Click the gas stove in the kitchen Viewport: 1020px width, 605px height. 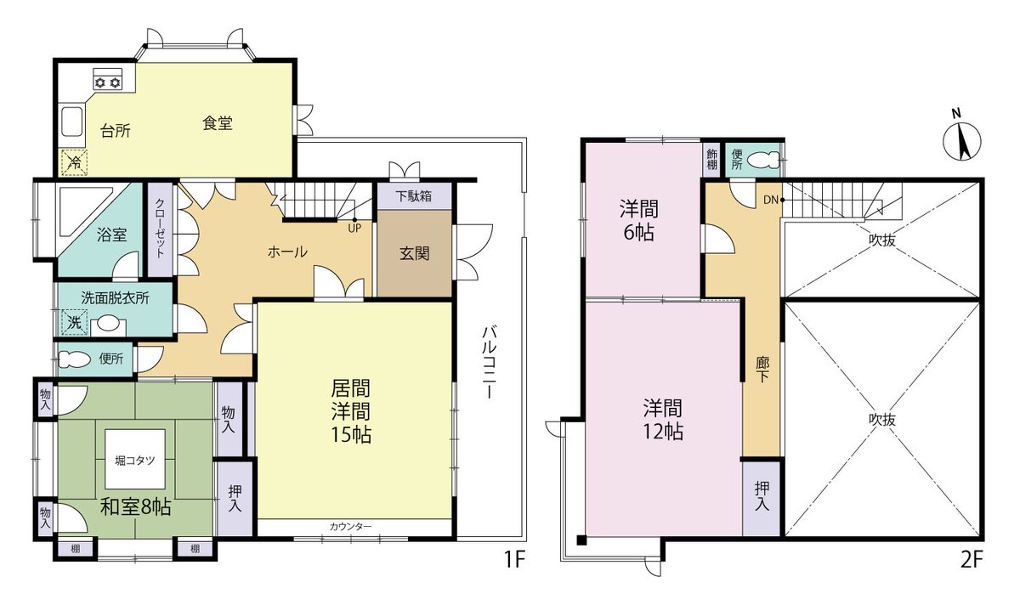click(x=108, y=79)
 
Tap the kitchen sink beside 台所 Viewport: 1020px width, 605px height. click(x=72, y=122)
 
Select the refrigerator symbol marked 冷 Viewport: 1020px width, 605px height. click(x=74, y=162)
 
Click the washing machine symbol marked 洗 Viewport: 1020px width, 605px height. click(x=74, y=322)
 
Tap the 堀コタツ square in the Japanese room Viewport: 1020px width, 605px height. click(x=135, y=459)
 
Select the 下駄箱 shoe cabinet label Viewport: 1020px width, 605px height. click(x=413, y=196)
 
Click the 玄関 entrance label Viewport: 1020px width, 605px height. click(x=415, y=253)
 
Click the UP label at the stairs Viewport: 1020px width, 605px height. click(x=354, y=229)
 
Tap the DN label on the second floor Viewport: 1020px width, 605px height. click(x=770, y=200)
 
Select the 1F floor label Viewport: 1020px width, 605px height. click(x=515, y=559)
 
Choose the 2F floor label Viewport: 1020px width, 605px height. click(x=972, y=560)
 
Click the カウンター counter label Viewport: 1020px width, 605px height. click(x=350, y=527)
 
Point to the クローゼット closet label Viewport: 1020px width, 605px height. click(x=160, y=228)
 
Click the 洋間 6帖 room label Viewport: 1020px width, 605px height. click(x=638, y=221)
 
